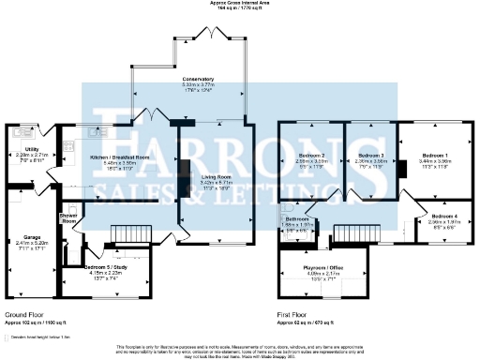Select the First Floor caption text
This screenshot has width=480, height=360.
pyautogui.click(x=293, y=313)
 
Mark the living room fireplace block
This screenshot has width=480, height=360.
pyautogui.click(x=185, y=174)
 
